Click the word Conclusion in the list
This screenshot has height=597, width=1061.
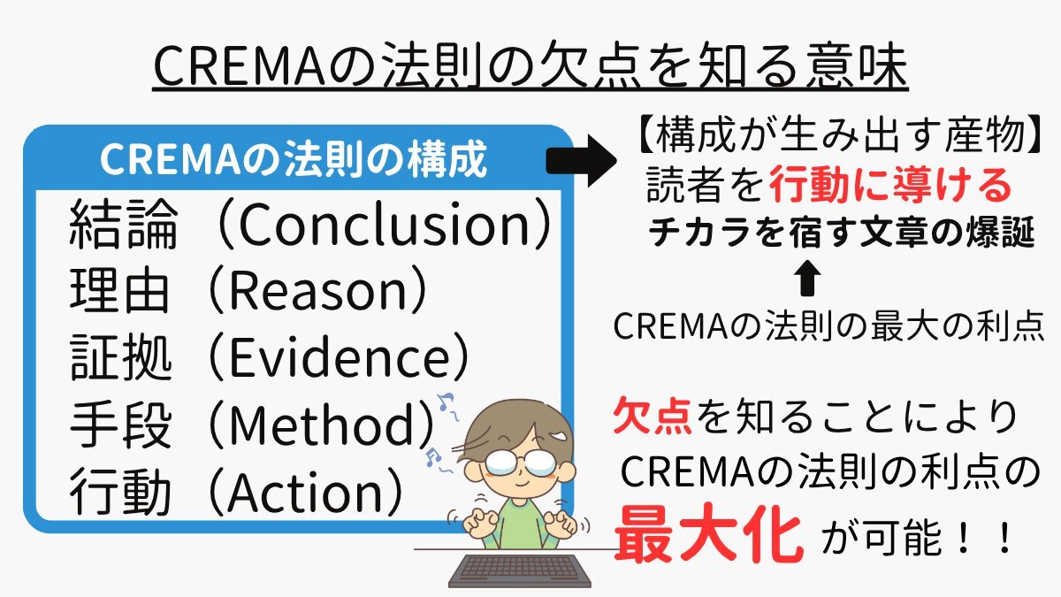coord(384,225)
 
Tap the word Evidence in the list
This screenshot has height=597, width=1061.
coord(338,356)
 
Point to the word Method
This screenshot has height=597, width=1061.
coord(321,424)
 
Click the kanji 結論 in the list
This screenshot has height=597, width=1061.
coord(123,225)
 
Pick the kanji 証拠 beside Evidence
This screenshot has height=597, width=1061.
coord(120,356)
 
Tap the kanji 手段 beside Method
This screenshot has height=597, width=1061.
coord(120,424)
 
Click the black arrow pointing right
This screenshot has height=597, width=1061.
coord(581,161)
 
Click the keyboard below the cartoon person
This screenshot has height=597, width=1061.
coord(520,571)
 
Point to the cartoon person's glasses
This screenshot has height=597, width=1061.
coord(521,462)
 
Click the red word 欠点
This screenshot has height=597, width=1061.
coord(653,417)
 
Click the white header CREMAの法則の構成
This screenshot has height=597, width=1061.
coord(294,159)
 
